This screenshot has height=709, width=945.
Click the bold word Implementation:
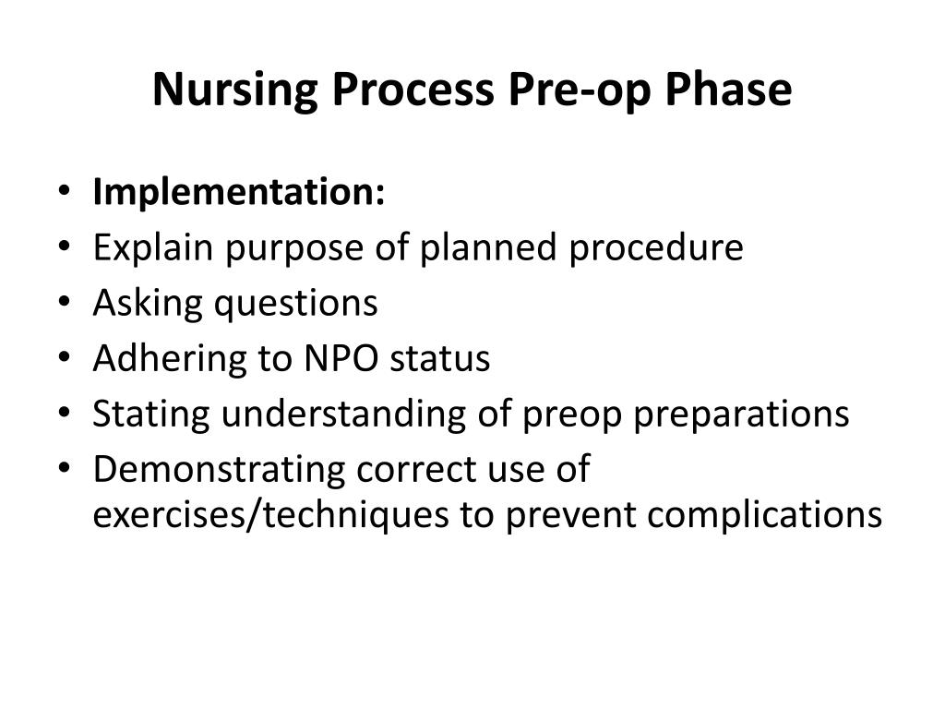tap(238, 193)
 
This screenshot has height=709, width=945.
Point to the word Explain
tap(151, 248)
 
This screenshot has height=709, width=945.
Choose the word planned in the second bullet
tap(489, 248)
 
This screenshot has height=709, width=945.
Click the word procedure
tap(655, 248)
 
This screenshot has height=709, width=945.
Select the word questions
tap(296, 304)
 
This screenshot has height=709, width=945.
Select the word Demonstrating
tap(219, 470)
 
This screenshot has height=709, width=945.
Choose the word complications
tap(764, 514)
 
